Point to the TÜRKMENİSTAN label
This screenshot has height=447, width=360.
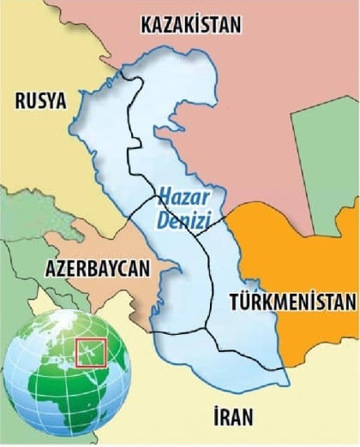292,302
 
